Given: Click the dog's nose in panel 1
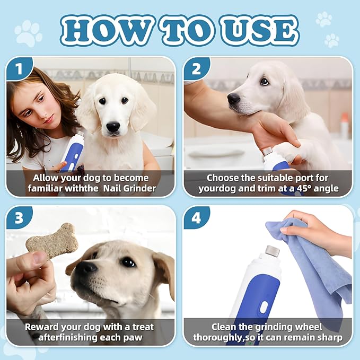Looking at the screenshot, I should (113, 126).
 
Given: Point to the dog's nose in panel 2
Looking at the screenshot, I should (234, 99).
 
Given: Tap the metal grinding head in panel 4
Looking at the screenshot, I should (271, 250).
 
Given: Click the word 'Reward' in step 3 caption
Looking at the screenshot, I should (43, 327).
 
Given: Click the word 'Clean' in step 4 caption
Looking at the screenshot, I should (225, 327).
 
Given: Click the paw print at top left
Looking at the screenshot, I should (28, 33).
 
